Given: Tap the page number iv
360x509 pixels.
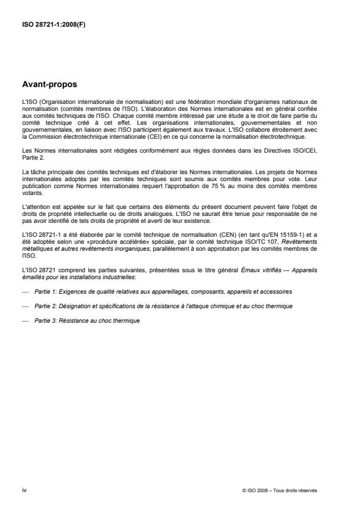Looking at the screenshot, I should (23, 490).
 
